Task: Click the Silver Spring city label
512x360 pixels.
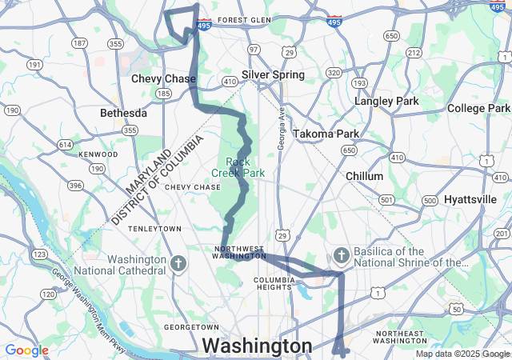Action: [x=273, y=74]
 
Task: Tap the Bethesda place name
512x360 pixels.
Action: [x=123, y=113]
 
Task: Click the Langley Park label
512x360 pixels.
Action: [x=387, y=102]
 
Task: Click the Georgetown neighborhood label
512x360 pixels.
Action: [x=191, y=327]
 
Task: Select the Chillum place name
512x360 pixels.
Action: [x=366, y=175]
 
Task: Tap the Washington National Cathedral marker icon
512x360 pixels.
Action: [x=178, y=263]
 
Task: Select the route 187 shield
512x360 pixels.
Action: [x=79, y=42]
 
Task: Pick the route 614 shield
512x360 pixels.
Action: [x=65, y=144]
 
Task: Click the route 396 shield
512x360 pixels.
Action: [x=76, y=186]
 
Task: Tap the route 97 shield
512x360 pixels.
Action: [x=253, y=50]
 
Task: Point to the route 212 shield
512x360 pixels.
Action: [x=414, y=53]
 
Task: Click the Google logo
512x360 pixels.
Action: [x=26, y=350]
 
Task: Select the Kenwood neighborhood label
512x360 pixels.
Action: [x=98, y=154]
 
